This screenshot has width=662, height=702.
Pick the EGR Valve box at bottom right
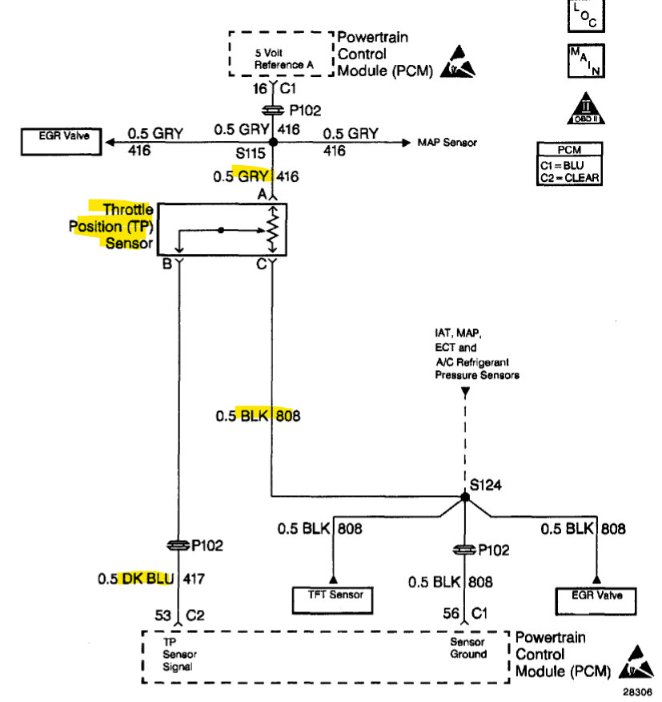pos(596,595)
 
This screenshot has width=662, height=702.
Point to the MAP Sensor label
pos(447,143)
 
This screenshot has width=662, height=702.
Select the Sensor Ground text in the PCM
pos(468,648)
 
